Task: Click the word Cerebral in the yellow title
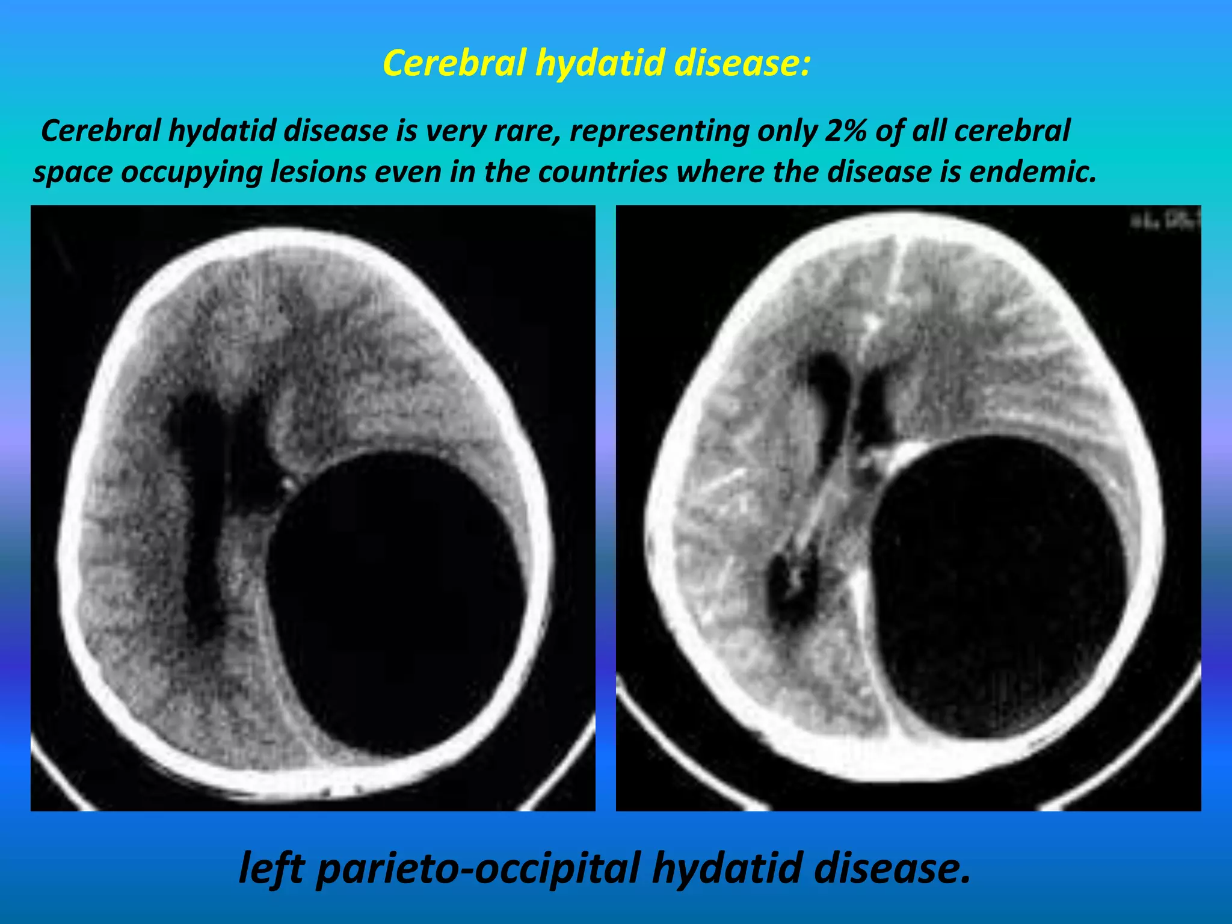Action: (454, 63)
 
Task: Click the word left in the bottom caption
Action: (271, 867)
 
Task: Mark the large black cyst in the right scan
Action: (999, 587)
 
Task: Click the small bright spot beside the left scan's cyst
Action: (288, 483)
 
